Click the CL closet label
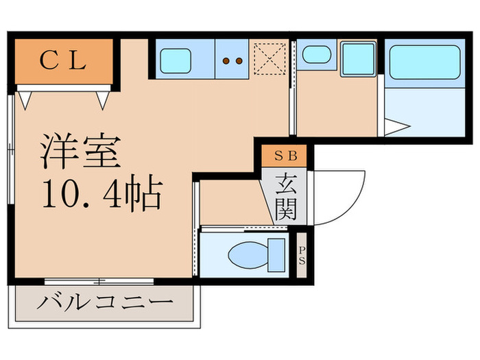62,61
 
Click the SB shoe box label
285,156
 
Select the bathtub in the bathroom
424,64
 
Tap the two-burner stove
233,60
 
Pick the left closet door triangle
25,100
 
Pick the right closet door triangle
104,100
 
